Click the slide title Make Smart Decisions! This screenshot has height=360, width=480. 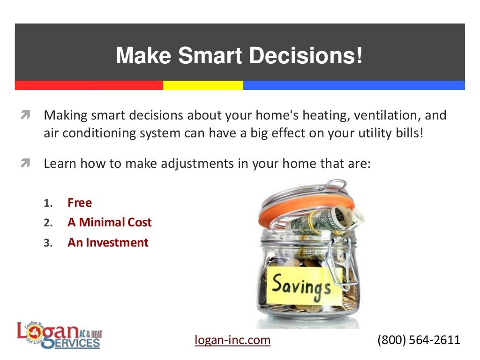click(239, 56)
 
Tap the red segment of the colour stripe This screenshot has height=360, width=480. click(89, 85)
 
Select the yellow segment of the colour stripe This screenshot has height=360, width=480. click(202, 85)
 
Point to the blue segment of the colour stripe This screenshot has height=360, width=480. click(353, 85)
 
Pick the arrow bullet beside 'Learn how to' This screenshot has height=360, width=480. click(25, 164)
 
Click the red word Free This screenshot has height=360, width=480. click(80, 203)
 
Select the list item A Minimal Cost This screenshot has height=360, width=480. click(109, 223)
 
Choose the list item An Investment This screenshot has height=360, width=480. click(108, 243)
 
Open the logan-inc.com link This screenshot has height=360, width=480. click(232, 340)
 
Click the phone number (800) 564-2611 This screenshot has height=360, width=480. click(419, 340)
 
